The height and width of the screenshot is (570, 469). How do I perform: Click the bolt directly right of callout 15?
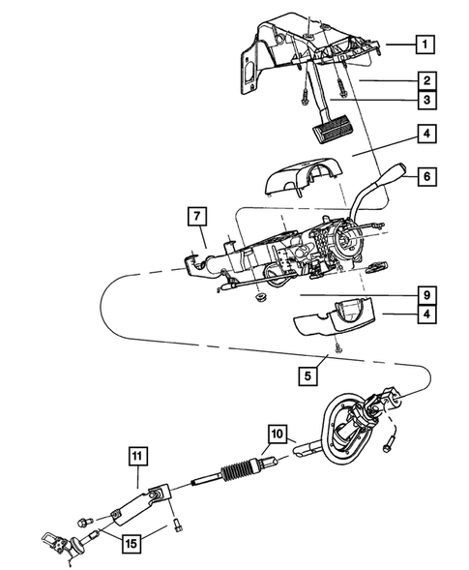(x=181, y=527)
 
